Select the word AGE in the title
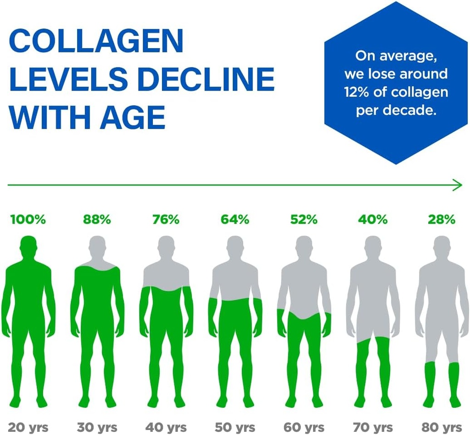point(133,117)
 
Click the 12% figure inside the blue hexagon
point(357,92)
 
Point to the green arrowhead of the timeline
point(458,185)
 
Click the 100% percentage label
point(28,220)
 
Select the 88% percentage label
point(97,220)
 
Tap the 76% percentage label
point(166,220)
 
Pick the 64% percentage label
point(235,220)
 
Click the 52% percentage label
point(303,220)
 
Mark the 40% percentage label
point(373,220)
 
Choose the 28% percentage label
point(442,220)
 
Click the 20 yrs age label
point(28,427)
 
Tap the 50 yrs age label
point(235,427)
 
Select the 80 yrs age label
point(442,427)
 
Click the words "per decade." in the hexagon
point(395,111)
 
